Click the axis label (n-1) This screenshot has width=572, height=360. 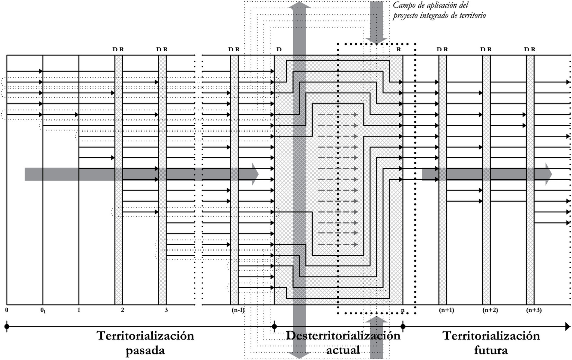point(238,310)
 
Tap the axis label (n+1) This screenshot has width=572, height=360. point(446,310)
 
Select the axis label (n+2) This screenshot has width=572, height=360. point(490,310)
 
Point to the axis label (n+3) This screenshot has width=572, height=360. point(534,310)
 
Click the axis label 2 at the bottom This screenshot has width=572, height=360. point(122,310)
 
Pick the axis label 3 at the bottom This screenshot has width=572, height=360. point(166,310)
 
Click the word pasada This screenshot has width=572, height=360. point(145,351)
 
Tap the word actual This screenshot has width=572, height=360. point(343,350)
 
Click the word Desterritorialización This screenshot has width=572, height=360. point(343,335)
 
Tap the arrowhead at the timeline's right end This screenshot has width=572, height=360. point(567,326)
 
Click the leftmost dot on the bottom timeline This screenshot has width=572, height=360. point(7,326)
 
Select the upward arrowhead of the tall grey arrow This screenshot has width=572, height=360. point(300,6)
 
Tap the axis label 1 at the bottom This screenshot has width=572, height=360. point(79,310)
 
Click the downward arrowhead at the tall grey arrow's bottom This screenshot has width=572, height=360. point(300,355)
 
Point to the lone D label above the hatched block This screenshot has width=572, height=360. point(279,49)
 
